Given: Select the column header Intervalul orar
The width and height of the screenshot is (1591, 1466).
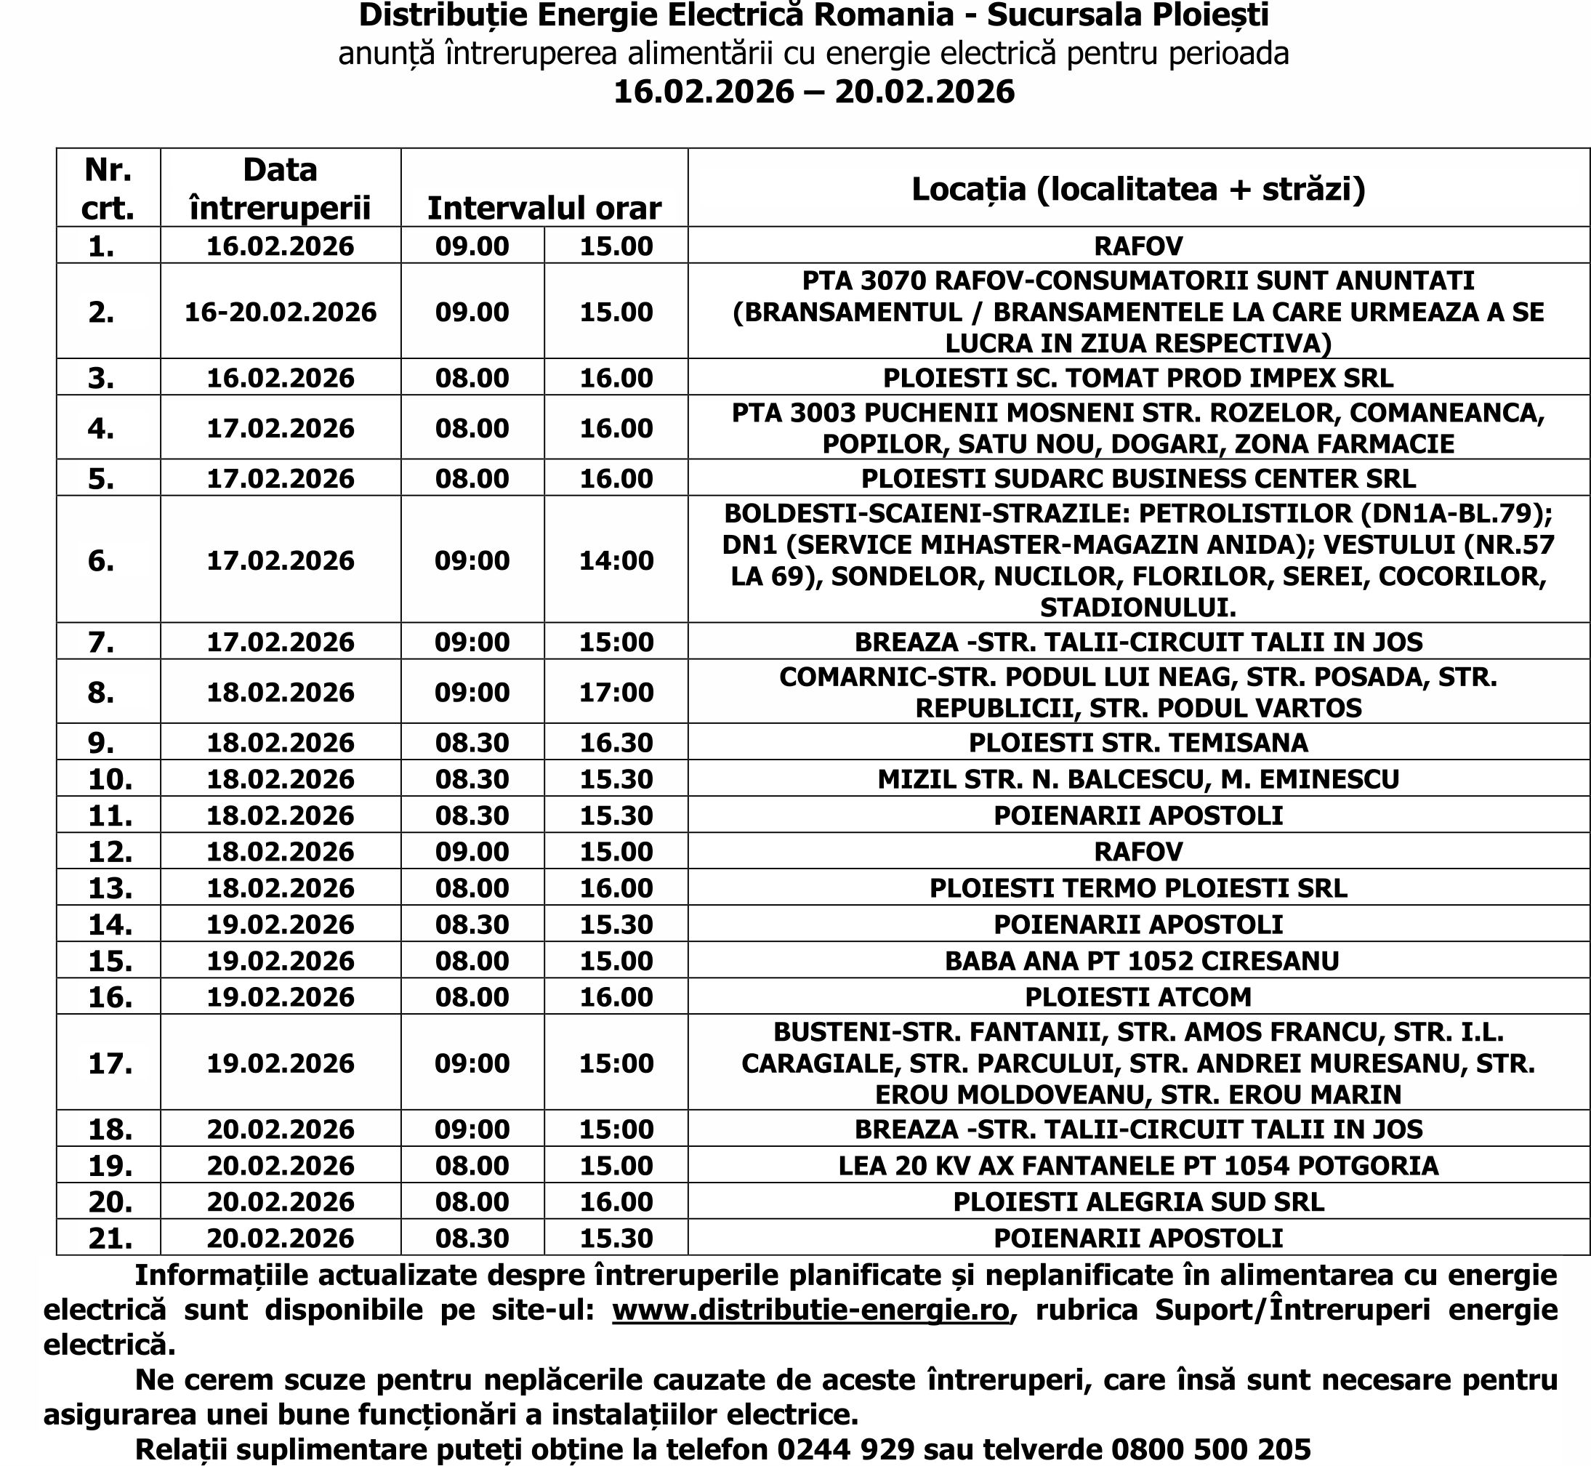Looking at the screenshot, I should [544, 208].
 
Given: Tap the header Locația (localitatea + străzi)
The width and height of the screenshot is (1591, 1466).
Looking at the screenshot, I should [1138, 189].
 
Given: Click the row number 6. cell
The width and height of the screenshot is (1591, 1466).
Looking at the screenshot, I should [102, 561].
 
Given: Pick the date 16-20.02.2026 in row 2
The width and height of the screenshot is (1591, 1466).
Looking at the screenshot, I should [281, 312].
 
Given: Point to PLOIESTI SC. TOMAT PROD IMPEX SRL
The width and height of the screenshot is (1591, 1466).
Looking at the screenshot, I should [1138, 378].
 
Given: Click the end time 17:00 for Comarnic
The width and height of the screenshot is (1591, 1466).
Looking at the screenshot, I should [616, 693].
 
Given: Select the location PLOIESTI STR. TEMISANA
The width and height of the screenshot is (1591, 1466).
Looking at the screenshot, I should [1138, 743].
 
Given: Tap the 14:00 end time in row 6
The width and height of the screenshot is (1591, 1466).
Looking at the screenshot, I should [616, 561].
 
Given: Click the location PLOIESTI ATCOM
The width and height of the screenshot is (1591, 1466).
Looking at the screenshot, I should [1138, 996].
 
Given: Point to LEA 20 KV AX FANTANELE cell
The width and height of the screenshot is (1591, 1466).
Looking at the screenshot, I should [1138, 1165].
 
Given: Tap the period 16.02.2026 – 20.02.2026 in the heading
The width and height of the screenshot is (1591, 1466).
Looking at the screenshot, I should [814, 92].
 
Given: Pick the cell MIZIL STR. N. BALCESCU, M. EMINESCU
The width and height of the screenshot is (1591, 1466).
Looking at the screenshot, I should [1138, 779].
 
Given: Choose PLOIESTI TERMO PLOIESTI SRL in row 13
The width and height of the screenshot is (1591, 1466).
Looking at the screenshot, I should [1138, 887].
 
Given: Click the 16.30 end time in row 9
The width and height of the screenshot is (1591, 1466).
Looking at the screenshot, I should [616, 743].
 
